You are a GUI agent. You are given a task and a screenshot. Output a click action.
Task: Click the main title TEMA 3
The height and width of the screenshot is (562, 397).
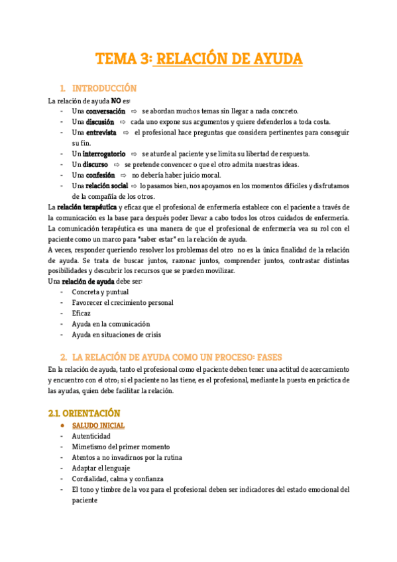click(x=199, y=60)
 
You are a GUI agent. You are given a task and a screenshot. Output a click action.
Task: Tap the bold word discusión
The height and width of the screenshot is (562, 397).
click(x=101, y=122)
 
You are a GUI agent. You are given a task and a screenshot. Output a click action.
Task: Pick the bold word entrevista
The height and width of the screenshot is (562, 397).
click(x=101, y=133)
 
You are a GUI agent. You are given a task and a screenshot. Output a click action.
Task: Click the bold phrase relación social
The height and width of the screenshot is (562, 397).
click(x=107, y=186)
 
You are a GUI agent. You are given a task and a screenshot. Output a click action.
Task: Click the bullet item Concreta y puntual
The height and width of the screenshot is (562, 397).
click(x=101, y=292)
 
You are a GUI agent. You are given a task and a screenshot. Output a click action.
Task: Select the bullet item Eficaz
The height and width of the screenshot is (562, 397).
click(x=82, y=313)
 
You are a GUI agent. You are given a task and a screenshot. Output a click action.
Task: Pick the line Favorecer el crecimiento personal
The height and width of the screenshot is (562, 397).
click(x=123, y=303)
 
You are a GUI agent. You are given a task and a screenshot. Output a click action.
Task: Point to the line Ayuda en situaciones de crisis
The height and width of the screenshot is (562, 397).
click(x=117, y=335)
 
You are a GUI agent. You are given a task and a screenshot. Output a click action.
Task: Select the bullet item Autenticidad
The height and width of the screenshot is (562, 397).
click(x=91, y=436)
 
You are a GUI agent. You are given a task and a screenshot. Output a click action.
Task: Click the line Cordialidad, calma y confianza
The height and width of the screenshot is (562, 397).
click(x=118, y=478)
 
